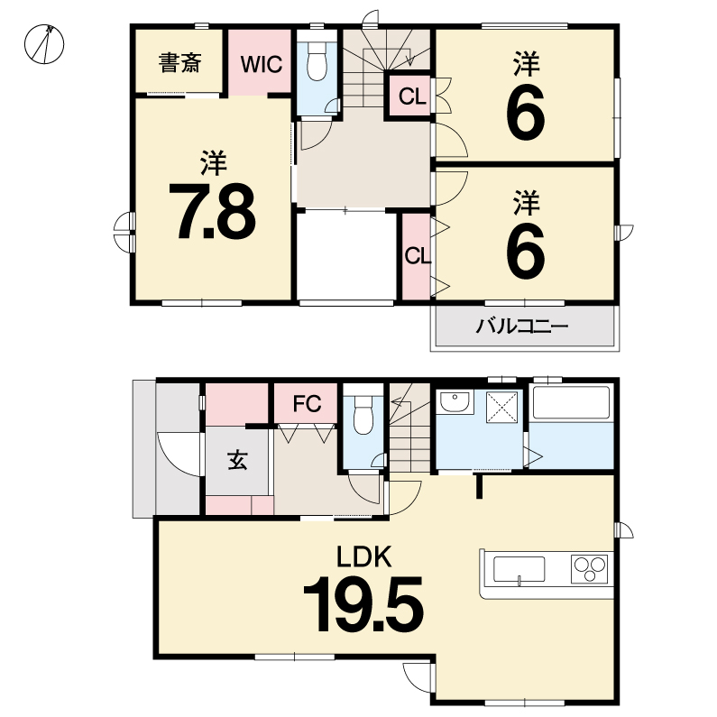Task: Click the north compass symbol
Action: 44,44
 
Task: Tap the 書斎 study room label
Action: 179,63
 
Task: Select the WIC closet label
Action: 262,64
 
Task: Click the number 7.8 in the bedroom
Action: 212,212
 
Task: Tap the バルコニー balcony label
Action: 522,326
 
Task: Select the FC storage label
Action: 307,404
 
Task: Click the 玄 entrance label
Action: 238,460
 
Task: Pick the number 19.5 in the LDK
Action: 363,604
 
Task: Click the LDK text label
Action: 364,556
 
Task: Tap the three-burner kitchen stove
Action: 590,569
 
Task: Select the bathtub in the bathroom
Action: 572,402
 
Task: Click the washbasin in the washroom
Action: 455,402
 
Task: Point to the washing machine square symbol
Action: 502,407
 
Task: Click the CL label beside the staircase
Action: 412,97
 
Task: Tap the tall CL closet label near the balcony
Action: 418,256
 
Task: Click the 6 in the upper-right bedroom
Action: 526,113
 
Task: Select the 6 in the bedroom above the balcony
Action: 526,251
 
